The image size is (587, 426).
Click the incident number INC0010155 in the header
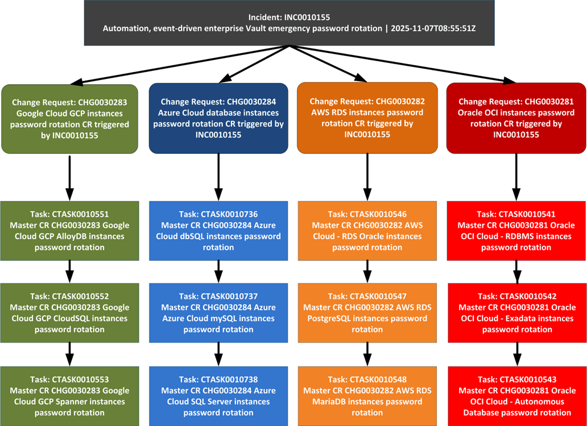pyautogui.click(x=309, y=18)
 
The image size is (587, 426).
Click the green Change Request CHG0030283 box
pyautogui.click(x=69, y=119)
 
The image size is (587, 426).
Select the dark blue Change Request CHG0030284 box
pyautogui.click(x=218, y=119)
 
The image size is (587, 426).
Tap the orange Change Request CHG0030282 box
pyautogui.click(x=367, y=118)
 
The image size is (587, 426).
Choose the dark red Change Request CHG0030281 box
pyautogui.click(x=516, y=118)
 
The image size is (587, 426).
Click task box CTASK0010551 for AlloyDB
pyautogui.click(x=69, y=231)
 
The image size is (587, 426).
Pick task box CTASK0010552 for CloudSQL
pyautogui.click(x=69, y=312)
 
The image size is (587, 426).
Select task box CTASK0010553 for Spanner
pyautogui.click(x=69, y=396)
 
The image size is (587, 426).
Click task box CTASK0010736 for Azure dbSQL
pyautogui.click(x=218, y=231)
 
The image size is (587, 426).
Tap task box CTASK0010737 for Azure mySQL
pyautogui.click(x=218, y=312)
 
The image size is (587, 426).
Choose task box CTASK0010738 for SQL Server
pyautogui.click(x=218, y=396)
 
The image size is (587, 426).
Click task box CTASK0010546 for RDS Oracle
pyautogui.click(x=367, y=231)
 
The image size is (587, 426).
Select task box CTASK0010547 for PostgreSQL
pyautogui.click(x=367, y=312)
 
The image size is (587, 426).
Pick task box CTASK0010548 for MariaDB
pyautogui.click(x=367, y=396)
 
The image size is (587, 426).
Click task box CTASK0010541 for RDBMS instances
pyautogui.click(x=516, y=231)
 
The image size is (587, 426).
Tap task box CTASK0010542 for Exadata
pyautogui.click(x=516, y=312)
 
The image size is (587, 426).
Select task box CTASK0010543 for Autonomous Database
pyautogui.click(x=516, y=396)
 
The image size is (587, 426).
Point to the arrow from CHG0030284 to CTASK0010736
pyautogui.click(x=218, y=177)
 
